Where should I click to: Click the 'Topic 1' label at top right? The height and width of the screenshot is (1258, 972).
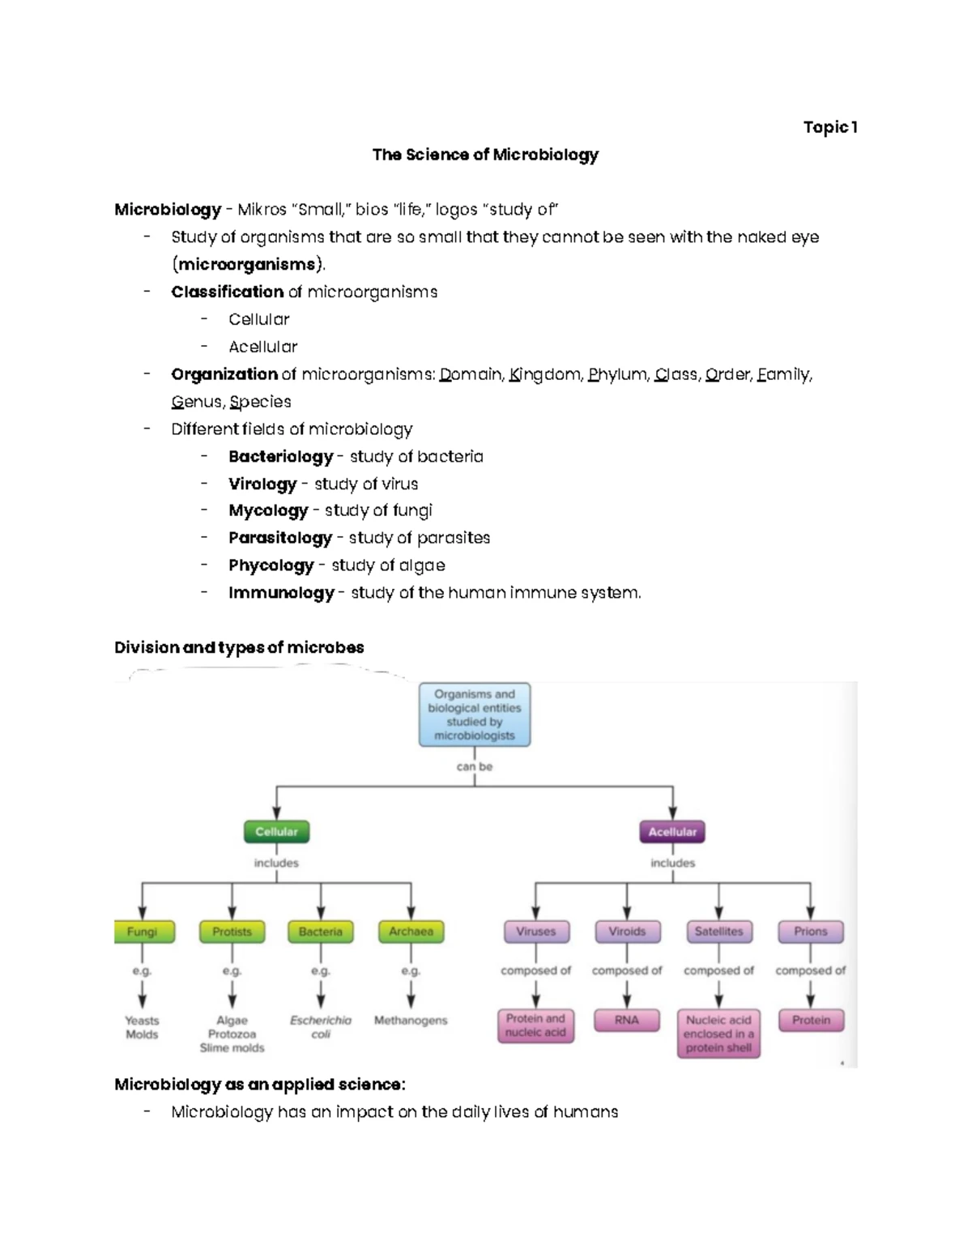point(829,127)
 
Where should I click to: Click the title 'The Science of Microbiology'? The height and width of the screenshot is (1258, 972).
point(485,155)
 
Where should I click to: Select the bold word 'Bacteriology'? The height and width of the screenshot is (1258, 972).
point(280,457)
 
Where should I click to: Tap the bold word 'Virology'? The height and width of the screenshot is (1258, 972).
point(262,484)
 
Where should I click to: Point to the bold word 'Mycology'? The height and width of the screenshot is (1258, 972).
point(268,511)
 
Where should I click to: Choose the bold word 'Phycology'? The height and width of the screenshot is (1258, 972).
point(271,565)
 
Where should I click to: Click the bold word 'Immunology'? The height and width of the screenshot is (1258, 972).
point(281,593)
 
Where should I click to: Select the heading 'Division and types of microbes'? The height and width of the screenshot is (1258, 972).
point(239,647)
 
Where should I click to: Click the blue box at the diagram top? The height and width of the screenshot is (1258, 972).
point(475,714)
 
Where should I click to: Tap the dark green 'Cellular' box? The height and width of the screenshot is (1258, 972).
point(276,832)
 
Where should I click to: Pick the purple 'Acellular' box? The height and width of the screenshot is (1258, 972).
point(672,832)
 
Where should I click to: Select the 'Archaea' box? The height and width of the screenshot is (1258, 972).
point(411,932)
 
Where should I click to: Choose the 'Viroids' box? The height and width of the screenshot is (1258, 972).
point(627,932)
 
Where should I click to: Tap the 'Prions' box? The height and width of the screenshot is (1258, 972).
point(810,932)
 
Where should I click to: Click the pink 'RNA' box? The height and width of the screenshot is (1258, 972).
point(627,1021)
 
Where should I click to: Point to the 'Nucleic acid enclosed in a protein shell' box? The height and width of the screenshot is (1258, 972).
point(718,1034)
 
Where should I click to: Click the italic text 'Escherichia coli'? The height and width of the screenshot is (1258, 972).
point(321,1027)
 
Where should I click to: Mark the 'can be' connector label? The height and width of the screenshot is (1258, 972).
point(475,766)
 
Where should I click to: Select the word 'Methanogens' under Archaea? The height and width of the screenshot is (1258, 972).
point(411,1021)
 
